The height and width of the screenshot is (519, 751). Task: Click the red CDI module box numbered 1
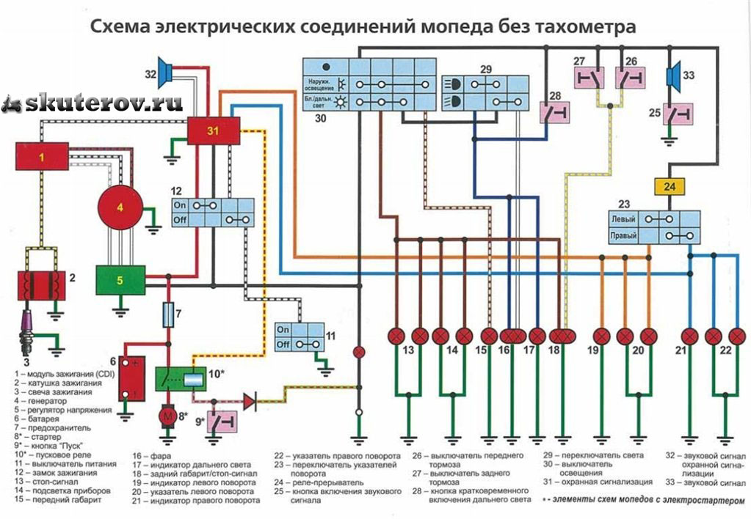[x=43, y=157]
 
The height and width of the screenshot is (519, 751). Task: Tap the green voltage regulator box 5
[x=120, y=279]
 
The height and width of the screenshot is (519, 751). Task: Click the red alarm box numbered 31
[x=213, y=131]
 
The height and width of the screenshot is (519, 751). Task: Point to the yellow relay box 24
[x=669, y=186]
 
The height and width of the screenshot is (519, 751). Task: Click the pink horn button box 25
[x=677, y=113]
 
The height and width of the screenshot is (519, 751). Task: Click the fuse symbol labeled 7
[x=168, y=316]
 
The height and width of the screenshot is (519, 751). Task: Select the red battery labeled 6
[x=134, y=378]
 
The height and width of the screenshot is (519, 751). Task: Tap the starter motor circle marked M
[x=167, y=416]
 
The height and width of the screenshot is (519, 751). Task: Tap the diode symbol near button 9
[x=250, y=400]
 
